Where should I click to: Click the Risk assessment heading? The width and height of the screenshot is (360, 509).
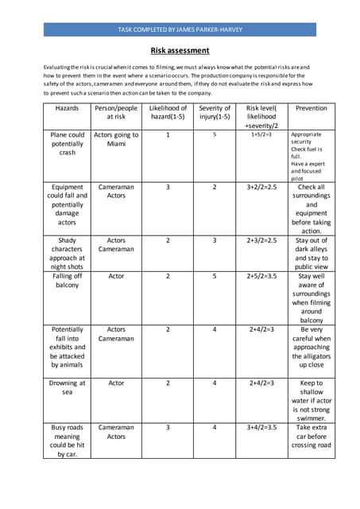coord(180,51)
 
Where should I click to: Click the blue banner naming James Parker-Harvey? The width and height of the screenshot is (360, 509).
coord(180,29)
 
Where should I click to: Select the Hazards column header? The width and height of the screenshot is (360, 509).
coord(68,108)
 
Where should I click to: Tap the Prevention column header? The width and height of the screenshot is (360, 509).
coord(311,108)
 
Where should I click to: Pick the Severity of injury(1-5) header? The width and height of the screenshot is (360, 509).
coord(215,113)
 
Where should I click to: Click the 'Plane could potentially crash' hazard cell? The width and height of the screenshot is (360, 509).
coord(68,144)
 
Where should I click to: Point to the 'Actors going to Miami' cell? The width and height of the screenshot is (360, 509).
coord(116,139)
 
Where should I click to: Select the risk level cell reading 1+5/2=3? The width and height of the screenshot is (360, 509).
coord(261,135)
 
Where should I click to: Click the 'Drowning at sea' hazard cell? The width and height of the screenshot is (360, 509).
coord(68,387)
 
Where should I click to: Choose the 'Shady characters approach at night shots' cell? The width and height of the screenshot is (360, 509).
coord(68,254)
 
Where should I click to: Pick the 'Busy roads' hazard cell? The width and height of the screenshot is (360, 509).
coord(68,441)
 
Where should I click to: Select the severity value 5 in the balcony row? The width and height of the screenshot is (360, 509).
coord(215,276)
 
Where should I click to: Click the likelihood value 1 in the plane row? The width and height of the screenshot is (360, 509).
coord(168,135)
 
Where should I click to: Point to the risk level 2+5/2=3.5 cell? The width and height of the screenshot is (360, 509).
coord(261,276)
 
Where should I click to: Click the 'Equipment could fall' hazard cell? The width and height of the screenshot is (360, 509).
coord(68,204)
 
